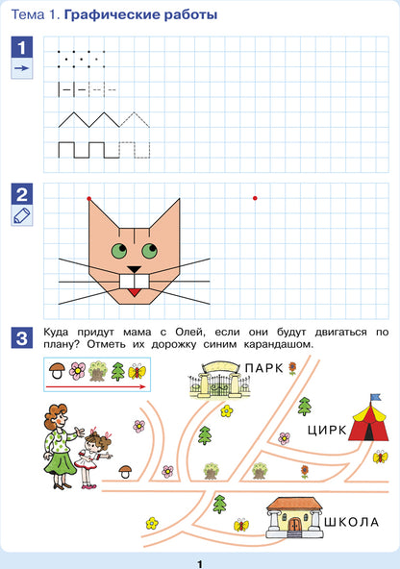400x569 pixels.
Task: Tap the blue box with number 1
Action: (x=22, y=47)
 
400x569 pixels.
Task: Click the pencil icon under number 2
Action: (x=22, y=215)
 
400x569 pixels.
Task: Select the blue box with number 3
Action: (x=22, y=338)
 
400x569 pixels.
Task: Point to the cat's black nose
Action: (x=135, y=269)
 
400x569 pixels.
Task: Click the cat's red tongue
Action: (x=135, y=292)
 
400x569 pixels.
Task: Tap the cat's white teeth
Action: (x=135, y=282)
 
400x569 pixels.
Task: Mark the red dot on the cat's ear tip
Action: (x=88, y=199)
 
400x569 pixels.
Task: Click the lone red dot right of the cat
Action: (x=255, y=198)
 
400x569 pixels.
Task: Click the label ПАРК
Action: (x=263, y=368)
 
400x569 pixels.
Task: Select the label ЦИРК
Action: (x=327, y=431)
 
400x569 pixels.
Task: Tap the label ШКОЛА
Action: (x=351, y=522)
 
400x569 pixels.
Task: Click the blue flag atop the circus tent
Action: (x=376, y=397)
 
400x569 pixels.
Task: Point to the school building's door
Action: (x=294, y=525)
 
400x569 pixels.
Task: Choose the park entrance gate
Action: (x=219, y=381)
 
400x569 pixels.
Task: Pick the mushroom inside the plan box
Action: (x=57, y=370)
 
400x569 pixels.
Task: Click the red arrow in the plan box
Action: (x=96, y=386)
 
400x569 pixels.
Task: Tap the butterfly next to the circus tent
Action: (x=380, y=457)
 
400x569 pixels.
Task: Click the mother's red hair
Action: (x=55, y=412)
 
